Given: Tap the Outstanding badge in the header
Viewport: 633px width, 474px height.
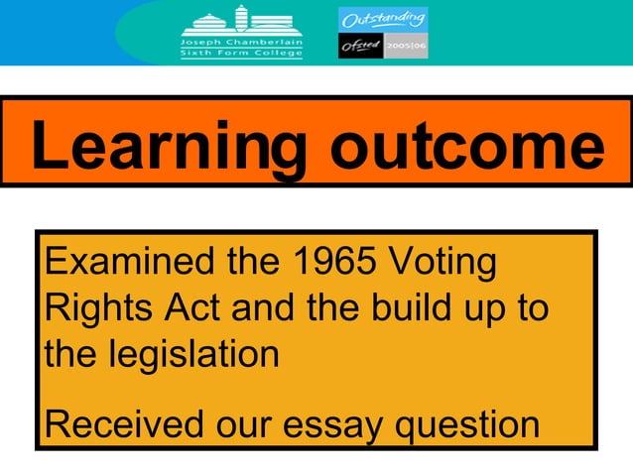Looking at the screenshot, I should (x=383, y=19).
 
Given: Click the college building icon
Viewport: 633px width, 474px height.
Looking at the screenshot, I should (x=241, y=21).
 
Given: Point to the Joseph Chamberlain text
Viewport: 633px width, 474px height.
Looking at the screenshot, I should (x=241, y=43).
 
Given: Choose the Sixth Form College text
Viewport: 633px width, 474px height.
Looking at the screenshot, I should (x=241, y=55).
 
